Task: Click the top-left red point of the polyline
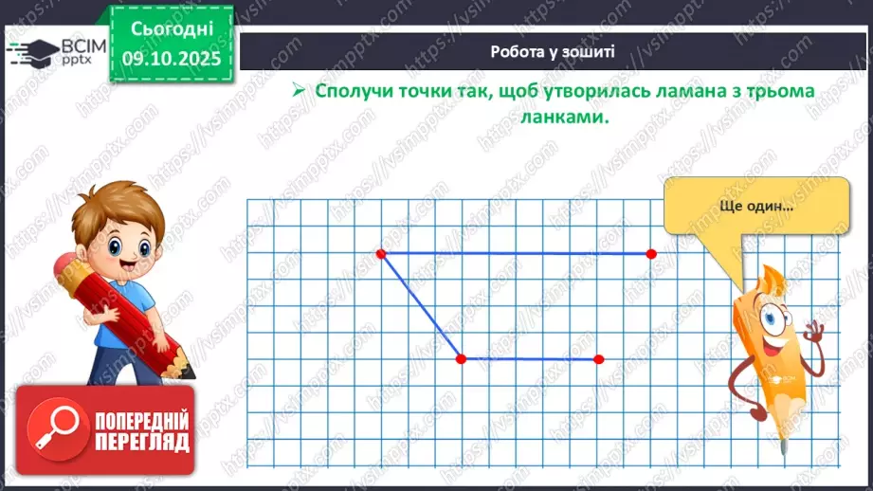[x=381, y=254]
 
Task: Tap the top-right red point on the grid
[x=651, y=254]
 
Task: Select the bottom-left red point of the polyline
[x=461, y=359]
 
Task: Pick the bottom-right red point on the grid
[x=598, y=359]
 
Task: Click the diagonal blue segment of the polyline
[x=421, y=306]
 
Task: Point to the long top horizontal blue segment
[x=517, y=254]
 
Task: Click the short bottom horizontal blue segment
[x=529, y=359]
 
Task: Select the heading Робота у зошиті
[x=553, y=51]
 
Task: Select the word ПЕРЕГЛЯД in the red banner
[x=142, y=442]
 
